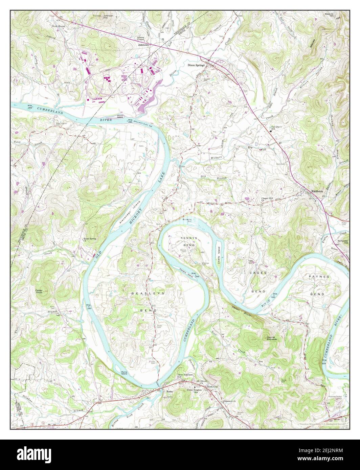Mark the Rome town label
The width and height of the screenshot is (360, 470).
[x=170, y=392]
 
